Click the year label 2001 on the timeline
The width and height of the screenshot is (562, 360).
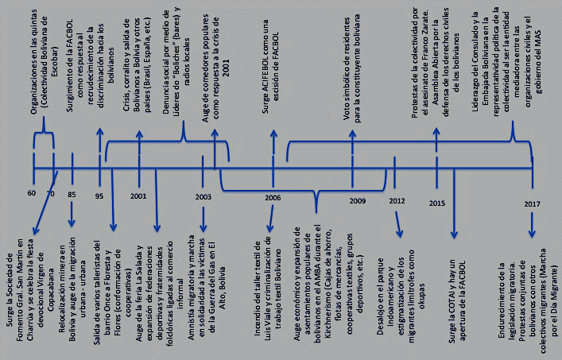click(138, 195)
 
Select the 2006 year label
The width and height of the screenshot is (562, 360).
click(272, 197)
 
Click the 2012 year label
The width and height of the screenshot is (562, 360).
click(397, 199)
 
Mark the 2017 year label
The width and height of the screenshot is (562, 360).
click(532, 204)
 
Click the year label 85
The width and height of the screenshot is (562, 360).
click(72, 195)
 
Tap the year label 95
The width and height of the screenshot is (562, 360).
click(99, 195)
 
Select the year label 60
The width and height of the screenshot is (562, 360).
click(32, 194)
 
